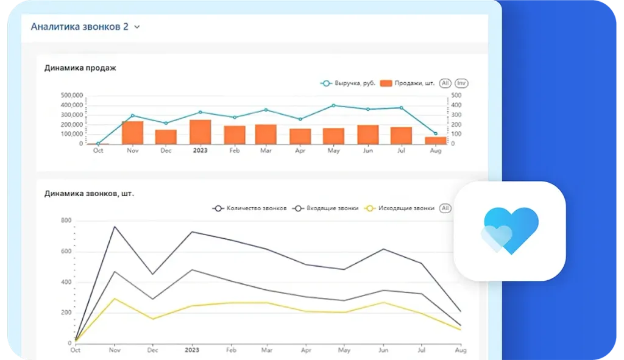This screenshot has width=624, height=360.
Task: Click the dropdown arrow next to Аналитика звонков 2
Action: (x=137, y=27)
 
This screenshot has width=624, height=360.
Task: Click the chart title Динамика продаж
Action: (x=80, y=68)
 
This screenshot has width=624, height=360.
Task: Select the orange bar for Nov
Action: (x=132, y=132)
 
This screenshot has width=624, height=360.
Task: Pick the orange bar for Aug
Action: (x=435, y=140)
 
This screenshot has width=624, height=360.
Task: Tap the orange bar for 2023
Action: (x=200, y=132)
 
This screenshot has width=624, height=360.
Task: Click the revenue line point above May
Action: (x=333, y=105)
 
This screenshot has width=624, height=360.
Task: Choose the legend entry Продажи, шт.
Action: (x=407, y=83)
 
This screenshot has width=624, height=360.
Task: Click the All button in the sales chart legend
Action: (x=445, y=83)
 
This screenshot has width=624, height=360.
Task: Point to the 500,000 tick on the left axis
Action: (x=72, y=96)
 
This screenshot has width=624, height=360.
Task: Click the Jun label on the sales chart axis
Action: (x=367, y=150)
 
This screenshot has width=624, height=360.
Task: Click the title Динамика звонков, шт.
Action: (x=89, y=194)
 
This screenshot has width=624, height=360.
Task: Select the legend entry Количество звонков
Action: (x=250, y=208)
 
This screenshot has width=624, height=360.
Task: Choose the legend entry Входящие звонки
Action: (x=325, y=208)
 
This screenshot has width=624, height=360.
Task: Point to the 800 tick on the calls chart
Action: (x=66, y=221)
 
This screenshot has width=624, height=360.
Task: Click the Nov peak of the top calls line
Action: (x=115, y=227)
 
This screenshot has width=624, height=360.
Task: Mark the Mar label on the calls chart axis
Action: (x=266, y=350)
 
